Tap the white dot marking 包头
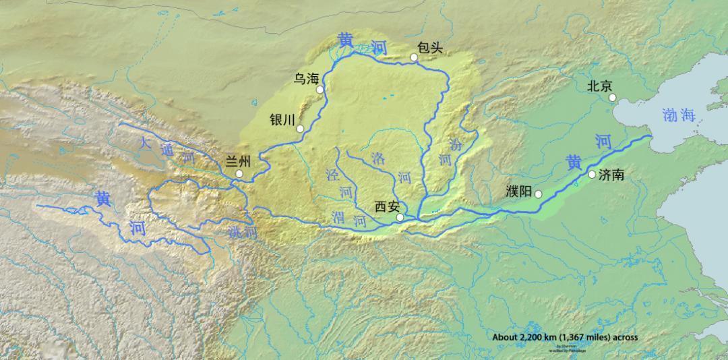(415, 58)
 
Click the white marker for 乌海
(320, 89)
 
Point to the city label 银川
(282, 119)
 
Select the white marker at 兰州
(239, 174)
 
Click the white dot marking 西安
(400, 217)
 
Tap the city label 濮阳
(519, 191)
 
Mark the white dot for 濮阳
(539, 194)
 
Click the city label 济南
(611, 175)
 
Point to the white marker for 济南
(592, 175)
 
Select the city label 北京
(599, 86)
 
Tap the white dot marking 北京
(613, 98)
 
